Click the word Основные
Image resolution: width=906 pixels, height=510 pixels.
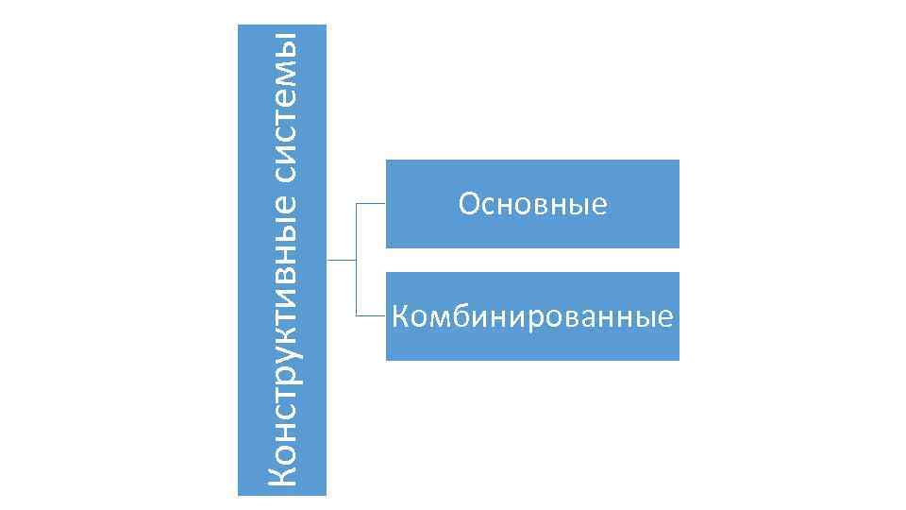532,204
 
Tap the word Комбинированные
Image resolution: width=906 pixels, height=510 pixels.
532,316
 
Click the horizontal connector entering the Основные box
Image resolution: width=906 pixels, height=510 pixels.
371,203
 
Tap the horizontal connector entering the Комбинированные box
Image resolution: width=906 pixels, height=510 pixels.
371,314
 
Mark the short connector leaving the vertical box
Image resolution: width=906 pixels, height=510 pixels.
341,259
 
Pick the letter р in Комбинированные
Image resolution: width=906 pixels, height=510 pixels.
519,318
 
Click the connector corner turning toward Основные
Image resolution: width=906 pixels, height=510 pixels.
356,203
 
